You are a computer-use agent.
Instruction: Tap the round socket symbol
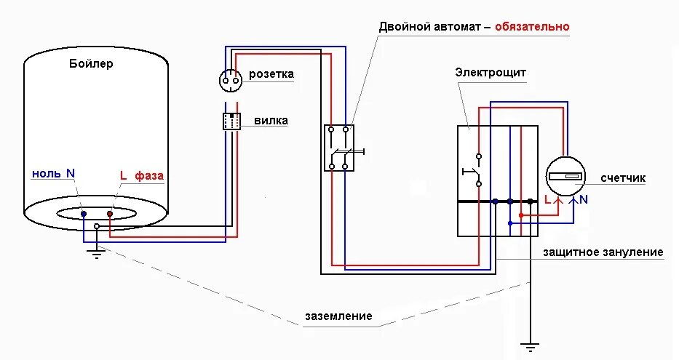point(231,79)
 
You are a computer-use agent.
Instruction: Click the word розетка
point(271,74)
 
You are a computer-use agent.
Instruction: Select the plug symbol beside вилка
point(231,121)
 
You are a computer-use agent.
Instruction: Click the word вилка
point(271,121)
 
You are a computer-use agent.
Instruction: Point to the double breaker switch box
point(338,148)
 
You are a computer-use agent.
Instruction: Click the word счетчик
point(623,177)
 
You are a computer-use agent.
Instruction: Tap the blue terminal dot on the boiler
point(84,214)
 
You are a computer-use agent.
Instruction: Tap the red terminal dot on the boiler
point(110,214)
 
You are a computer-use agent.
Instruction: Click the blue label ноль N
point(53,174)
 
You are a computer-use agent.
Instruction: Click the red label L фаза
point(142,175)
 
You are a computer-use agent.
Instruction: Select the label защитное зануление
point(603,252)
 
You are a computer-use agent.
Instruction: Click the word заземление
point(338,316)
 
